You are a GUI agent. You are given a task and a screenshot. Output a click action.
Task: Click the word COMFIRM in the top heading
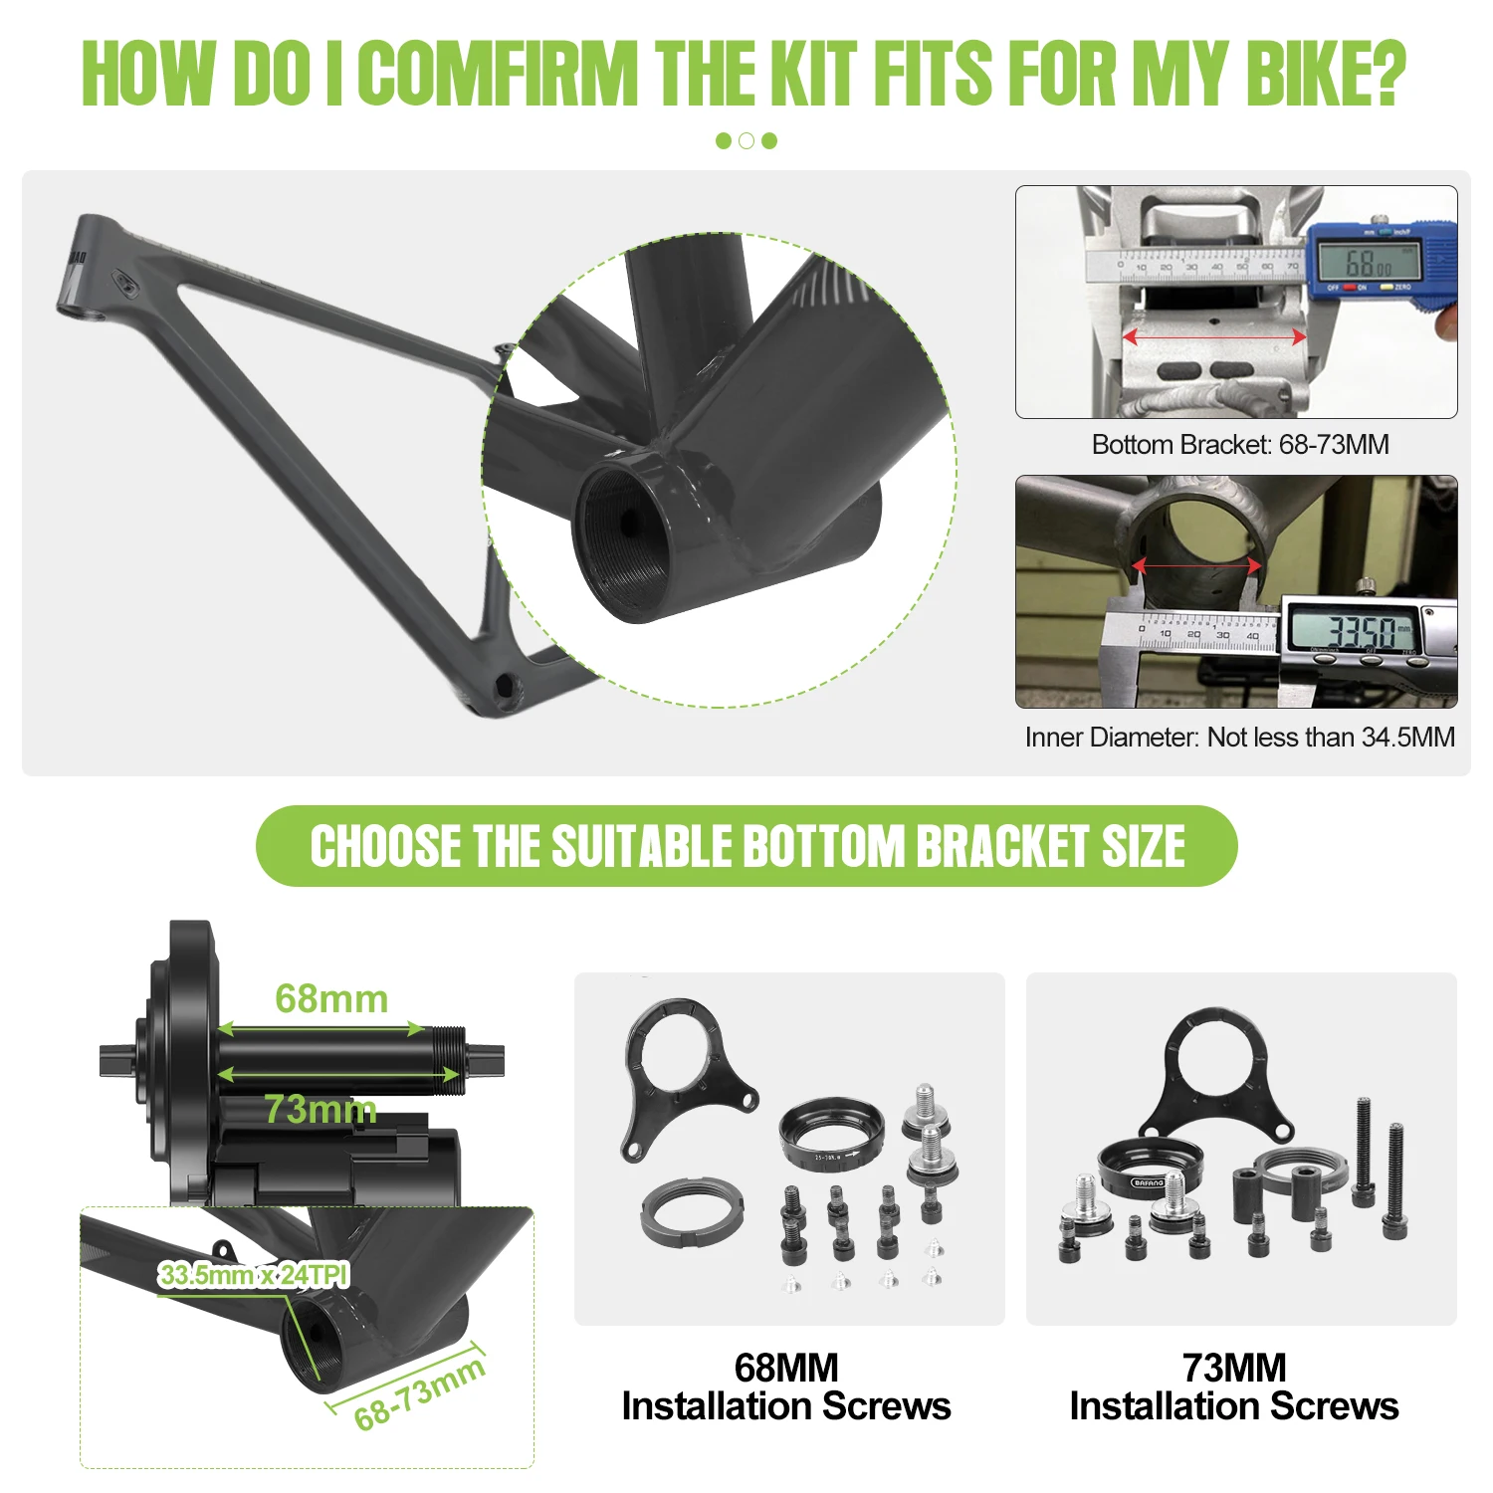pyautogui.click(x=498, y=73)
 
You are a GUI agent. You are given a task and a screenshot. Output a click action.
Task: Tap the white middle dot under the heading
pyautogui.click(x=746, y=141)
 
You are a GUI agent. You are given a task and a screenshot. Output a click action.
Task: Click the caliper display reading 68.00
pyautogui.click(x=1370, y=263)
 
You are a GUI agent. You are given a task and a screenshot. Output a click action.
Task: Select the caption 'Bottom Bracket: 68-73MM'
pyautogui.click(x=1240, y=444)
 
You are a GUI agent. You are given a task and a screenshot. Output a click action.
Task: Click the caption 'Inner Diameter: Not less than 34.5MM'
pyautogui.click(x=1240, y=738)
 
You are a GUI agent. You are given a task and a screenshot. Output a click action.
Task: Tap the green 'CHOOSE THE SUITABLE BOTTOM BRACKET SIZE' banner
pyautogui.click(x=746, y=846)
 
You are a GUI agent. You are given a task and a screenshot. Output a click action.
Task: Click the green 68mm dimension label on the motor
pyautogui.click(x=331, y=998)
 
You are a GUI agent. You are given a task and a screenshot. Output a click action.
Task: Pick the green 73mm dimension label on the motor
pyautogui.click(x=320, y=1109)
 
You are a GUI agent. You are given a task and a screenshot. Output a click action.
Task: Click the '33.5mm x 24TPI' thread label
pyautogui.click(x=254, y=1275)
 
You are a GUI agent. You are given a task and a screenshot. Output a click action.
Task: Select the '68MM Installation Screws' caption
pyautogui.click(x=786, y=1386)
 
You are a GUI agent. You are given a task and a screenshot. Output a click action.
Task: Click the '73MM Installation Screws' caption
pyautogui.click(x=1234, y=1386)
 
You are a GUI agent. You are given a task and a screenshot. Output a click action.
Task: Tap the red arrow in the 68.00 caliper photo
pyautogui.click(x=1214, y=337)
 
